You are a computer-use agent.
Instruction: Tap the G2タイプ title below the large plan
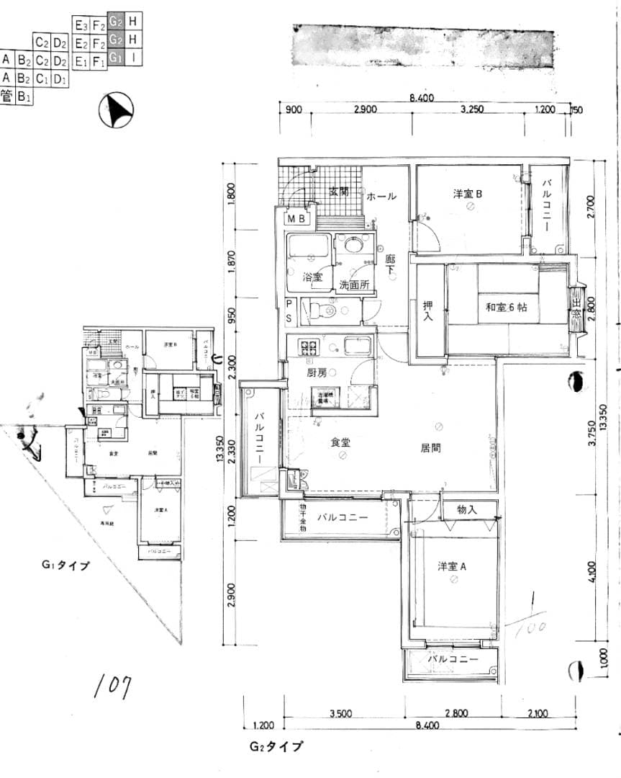[276, 747]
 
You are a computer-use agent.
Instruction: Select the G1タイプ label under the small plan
[65, 565]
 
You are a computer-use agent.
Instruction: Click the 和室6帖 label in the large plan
[507, 307]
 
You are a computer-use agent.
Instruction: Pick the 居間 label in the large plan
[431, 447]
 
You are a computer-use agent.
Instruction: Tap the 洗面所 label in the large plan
[354, 285]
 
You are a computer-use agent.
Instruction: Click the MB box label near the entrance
[297, 218]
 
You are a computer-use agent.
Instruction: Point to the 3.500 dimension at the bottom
[340, 714]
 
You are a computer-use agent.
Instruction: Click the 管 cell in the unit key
[7, 95]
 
